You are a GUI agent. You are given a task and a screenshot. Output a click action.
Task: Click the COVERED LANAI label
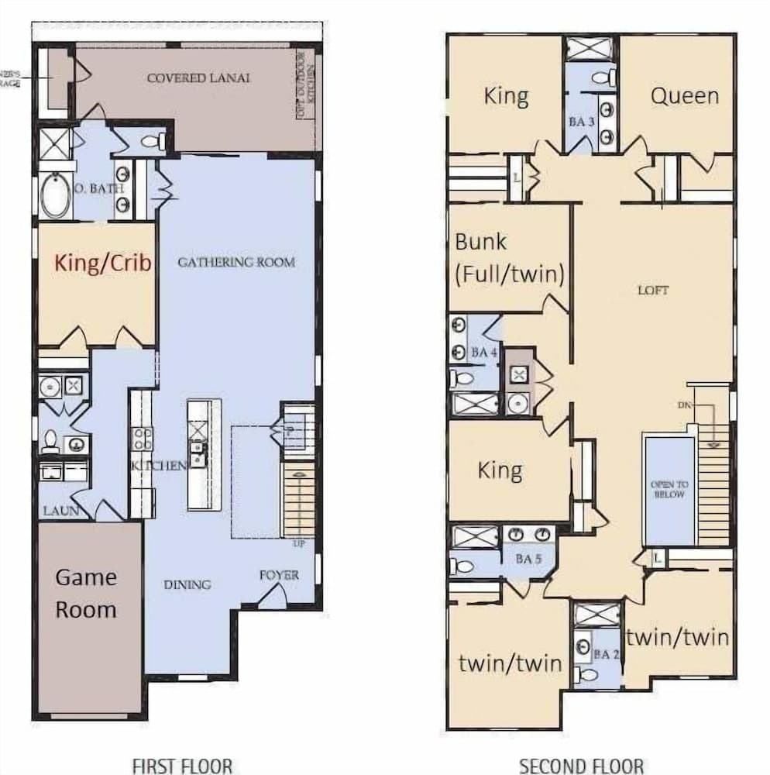(198, 78)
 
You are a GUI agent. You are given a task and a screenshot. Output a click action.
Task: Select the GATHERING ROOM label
(236, 262)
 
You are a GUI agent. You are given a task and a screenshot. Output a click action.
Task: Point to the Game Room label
(86, 593)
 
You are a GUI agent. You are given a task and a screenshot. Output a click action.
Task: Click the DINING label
(187, 584)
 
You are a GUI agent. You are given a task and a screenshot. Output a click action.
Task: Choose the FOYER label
(279, 575)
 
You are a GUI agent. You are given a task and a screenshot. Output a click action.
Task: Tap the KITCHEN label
(159, 466)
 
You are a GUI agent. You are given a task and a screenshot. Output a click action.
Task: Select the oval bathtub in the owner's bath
(55, 196)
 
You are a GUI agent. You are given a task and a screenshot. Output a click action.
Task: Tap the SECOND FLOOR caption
(581, 766)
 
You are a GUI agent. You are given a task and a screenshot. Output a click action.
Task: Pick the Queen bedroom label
(684, 96)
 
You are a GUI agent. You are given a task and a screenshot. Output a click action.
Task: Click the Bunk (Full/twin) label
(508, 258)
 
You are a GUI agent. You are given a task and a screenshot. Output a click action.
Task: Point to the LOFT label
(652, 291)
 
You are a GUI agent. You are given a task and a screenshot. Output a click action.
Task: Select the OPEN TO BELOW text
(669, 489)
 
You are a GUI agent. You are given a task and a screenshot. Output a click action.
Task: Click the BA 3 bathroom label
(582, 122)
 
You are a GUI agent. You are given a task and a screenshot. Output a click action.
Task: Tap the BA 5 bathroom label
(528, 558)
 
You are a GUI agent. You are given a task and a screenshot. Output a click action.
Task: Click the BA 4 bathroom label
(483, 353)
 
